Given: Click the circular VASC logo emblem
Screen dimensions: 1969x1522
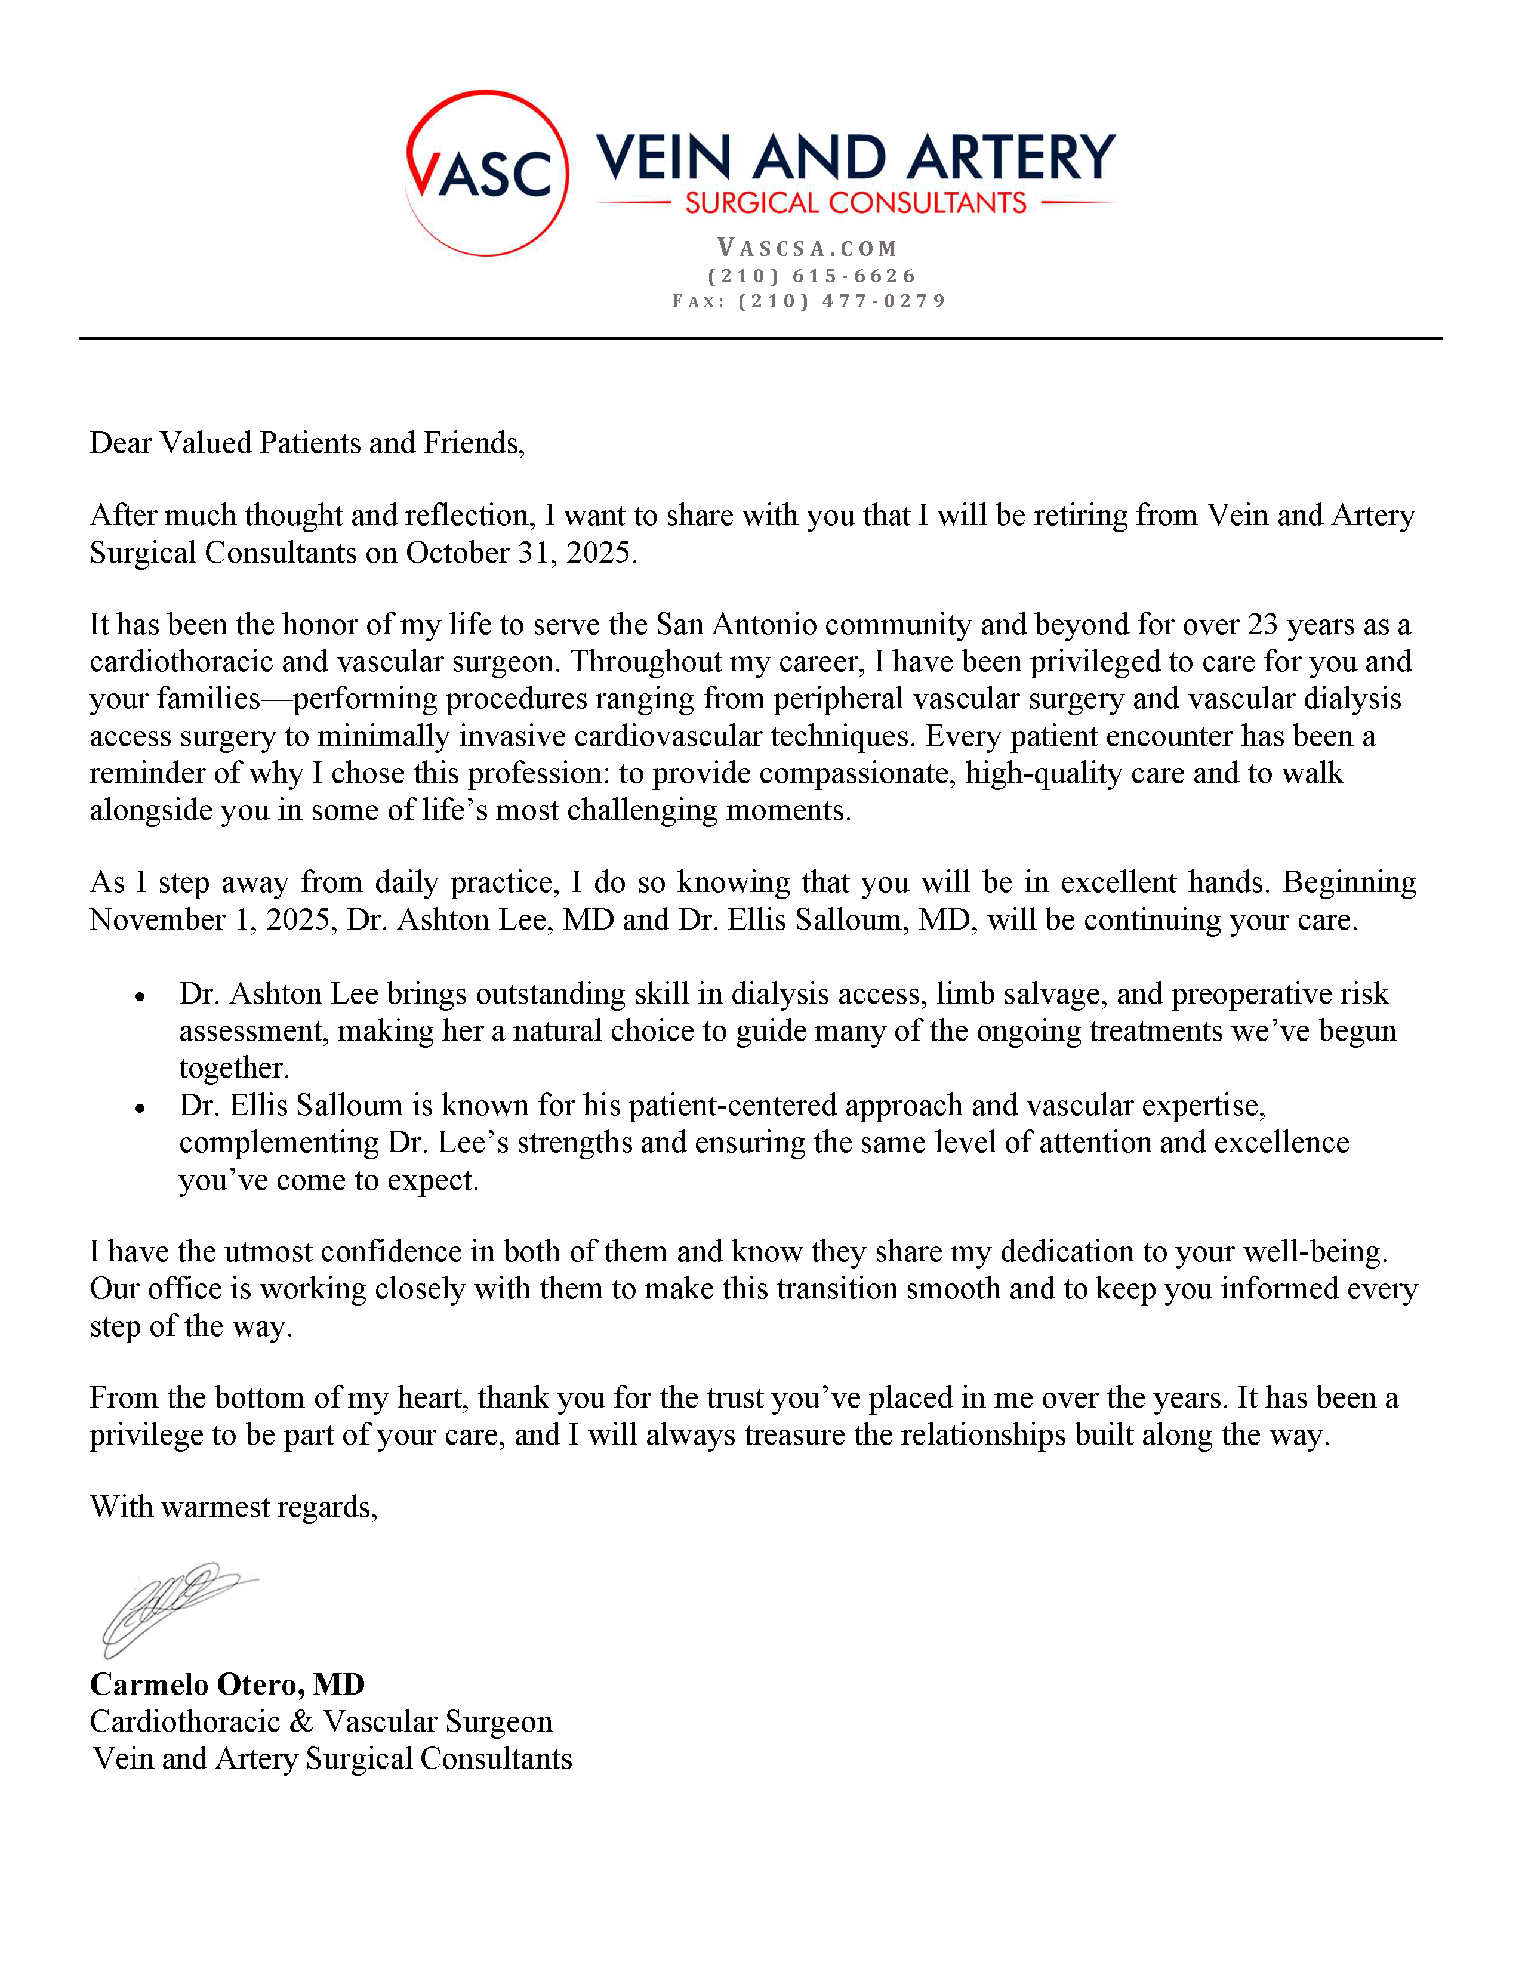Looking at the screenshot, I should click(487, 173).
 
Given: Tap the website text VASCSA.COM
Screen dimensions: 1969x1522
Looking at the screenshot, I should click(807, 248).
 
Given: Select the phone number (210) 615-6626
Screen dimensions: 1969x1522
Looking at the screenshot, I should click(812, 276).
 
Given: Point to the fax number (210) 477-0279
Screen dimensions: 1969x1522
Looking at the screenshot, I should click(842, 301).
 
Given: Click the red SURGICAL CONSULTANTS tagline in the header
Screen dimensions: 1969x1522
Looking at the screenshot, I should click(855, 203).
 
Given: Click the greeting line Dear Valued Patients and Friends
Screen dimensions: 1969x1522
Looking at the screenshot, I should click(307, 443).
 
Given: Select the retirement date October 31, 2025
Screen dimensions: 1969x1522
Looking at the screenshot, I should click(520, 553).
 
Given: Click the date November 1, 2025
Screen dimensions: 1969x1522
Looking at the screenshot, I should click(213, 919).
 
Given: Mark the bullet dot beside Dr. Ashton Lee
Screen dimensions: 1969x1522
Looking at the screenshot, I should click(140, 997).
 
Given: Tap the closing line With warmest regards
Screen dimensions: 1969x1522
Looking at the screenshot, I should click(233, 1507).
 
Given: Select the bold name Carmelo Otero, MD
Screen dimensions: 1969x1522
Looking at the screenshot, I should click(227, 1684).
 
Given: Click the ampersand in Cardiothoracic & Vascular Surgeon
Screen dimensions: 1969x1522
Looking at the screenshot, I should click(301, 1722).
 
